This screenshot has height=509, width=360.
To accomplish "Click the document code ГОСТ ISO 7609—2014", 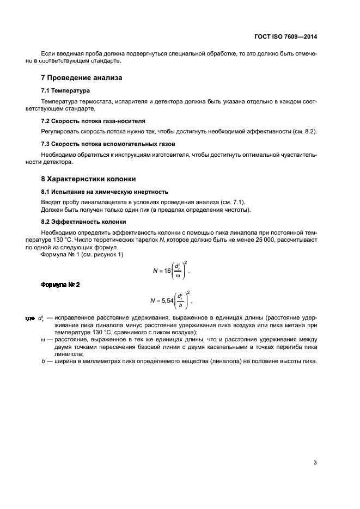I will click(x=285, y=38).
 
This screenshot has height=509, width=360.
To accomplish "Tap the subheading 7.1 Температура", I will click(x=65, y=90).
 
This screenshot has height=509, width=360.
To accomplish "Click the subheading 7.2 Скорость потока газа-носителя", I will click(x=93, y=120).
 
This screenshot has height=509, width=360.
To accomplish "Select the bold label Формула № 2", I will click(x=60, y=285).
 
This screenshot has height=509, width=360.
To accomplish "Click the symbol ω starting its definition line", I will click(x=42, y=339).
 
